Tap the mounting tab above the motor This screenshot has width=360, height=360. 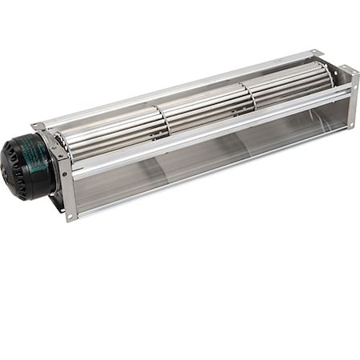tap(38, 126)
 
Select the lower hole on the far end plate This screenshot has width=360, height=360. tap(350, 124)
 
